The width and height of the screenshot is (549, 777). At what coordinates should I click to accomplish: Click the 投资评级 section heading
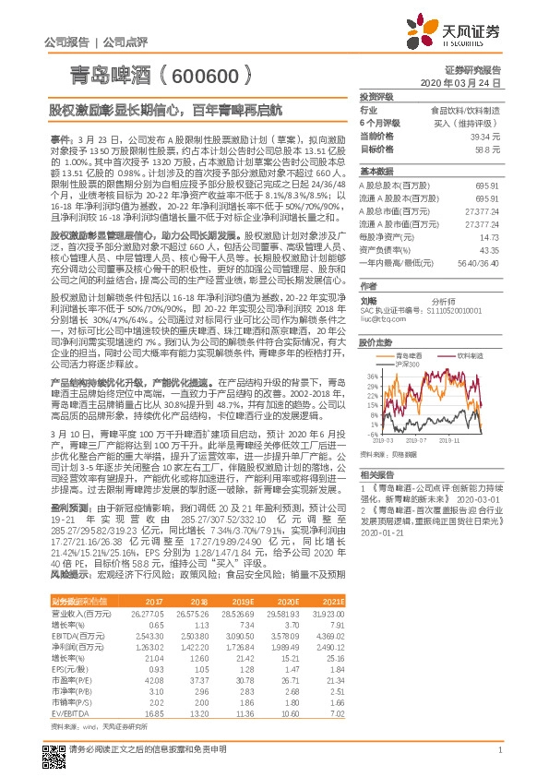click(377, 96)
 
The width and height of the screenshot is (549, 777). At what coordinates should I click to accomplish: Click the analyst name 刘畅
click(368, 300)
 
